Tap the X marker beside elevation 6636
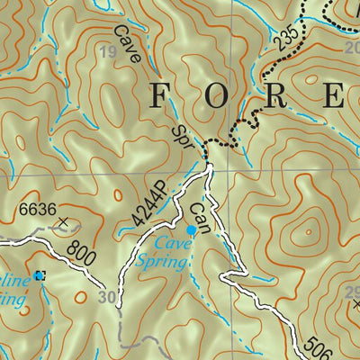[x=62, y=220]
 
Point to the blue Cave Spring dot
[x=191, y=230]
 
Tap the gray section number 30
[x=108, y=298]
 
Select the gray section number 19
[x=109, y=53]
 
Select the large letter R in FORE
[x=274, y=94]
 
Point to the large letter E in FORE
[x=333, y=94]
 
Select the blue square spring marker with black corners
[x=39, y=275]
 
